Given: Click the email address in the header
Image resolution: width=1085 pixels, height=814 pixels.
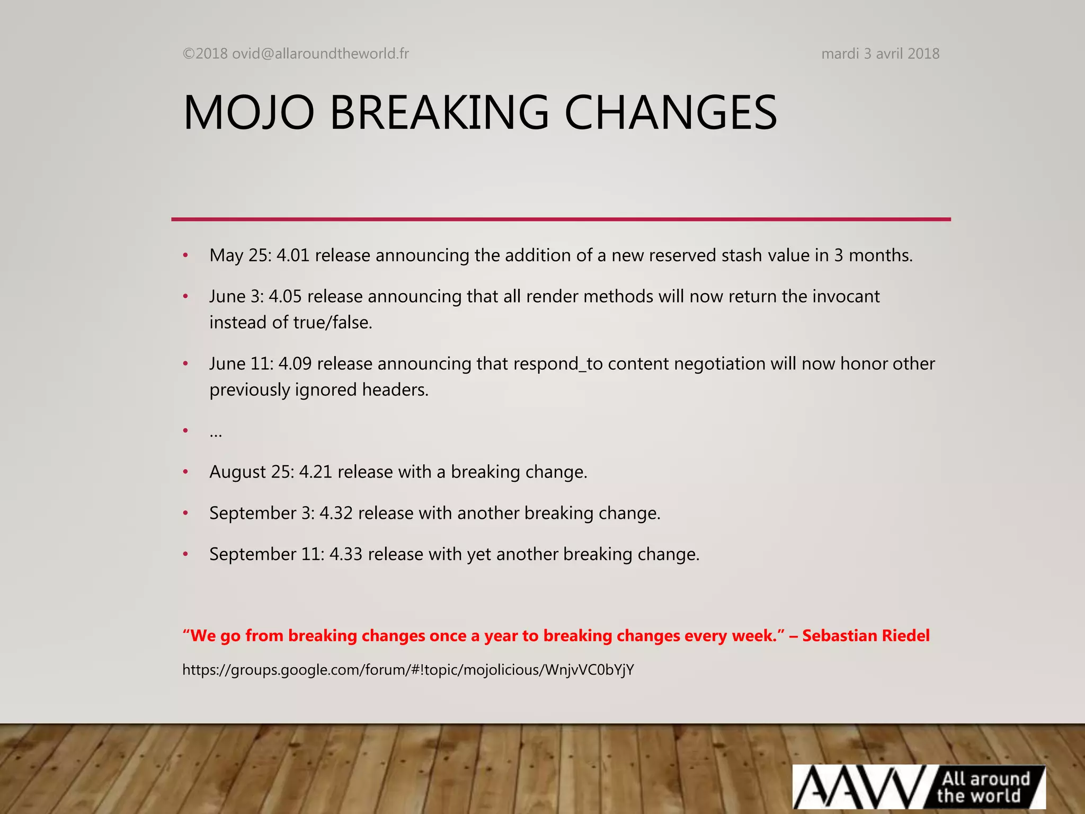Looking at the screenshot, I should [x=321, y=54].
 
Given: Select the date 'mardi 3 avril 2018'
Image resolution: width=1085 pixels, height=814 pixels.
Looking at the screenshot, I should [x=880, y=54].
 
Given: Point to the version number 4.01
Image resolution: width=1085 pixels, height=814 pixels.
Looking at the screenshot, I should [x=292, y=255].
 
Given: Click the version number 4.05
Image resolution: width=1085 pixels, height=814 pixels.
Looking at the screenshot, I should [x=284, y=296].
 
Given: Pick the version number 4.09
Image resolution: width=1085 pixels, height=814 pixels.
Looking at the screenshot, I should [x=295, y=364].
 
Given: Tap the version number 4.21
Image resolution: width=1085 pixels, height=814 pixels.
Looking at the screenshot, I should [x=315, y=472].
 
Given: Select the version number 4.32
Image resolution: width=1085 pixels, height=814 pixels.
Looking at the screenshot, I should [x=336, y=513].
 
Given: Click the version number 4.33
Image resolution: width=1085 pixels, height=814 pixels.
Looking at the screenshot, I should [x=345, y=554].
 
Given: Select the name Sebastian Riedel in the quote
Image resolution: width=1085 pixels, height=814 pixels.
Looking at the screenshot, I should [x=866, y=635].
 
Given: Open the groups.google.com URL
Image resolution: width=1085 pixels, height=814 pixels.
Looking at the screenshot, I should [x=408, y=670].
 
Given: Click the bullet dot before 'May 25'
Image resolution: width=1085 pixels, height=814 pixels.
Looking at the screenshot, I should [x=185, y=256].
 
